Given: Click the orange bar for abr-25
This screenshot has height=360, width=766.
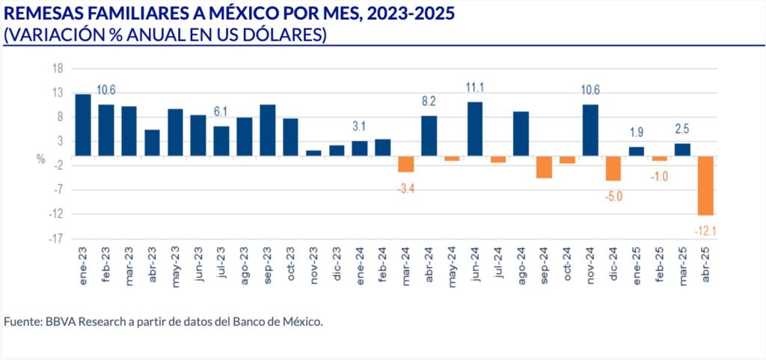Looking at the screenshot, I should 705,185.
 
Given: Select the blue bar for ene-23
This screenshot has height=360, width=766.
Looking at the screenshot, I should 83,124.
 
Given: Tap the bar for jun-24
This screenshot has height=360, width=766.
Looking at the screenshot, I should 475,129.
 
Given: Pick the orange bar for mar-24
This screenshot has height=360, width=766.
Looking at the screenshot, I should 405,164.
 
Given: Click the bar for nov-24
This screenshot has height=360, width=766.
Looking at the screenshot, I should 590,129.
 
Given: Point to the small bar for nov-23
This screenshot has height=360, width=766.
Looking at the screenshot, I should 313,153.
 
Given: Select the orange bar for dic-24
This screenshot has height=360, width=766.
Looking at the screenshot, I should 613,168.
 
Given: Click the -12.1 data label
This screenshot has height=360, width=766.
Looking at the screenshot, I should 705,231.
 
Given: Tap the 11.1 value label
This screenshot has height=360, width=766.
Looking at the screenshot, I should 475,88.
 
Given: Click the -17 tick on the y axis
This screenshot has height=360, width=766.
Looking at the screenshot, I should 55,240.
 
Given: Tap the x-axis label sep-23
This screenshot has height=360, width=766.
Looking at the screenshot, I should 268,263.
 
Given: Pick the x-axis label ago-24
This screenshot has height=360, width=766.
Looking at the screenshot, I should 521,263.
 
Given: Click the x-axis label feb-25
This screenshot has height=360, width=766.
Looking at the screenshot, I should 659,263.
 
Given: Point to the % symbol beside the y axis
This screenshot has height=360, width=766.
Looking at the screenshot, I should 40,159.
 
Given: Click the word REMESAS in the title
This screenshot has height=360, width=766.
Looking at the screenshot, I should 41,14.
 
